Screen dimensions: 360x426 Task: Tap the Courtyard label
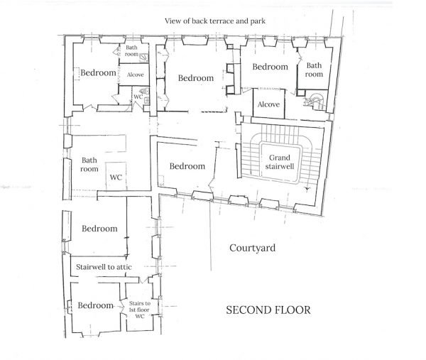click(252, 248)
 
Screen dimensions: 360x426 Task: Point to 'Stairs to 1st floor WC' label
click(139, 310)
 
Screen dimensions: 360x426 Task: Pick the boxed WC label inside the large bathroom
click(116, 178)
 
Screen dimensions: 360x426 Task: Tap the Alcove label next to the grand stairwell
click(268, 104)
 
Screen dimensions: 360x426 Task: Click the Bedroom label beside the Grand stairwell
click(187, 166)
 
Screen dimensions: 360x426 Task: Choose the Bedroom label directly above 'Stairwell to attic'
click(99, 229)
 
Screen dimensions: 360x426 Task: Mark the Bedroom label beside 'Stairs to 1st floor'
click(96, 305)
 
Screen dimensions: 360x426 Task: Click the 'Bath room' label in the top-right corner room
click(314, 70)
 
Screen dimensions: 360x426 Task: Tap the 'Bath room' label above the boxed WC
click(89, 165)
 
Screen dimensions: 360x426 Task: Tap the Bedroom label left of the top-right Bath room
click(271, 67)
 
